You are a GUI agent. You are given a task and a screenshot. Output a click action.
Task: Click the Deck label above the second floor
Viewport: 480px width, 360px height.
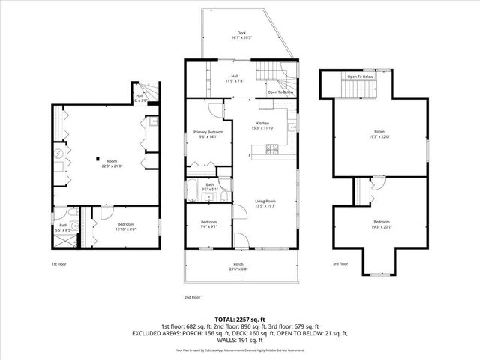point(241,33)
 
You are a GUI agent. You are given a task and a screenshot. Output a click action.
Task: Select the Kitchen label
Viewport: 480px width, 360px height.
point(262,123)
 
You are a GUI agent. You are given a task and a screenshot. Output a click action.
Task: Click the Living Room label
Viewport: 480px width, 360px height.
point(265,201)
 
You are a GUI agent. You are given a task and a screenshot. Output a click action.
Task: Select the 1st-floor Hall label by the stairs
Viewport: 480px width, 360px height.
point(139,96)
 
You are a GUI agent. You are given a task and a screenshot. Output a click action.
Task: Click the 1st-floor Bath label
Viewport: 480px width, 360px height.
point(64,225)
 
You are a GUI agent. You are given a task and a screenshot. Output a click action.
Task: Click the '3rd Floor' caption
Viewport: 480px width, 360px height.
point(340,263)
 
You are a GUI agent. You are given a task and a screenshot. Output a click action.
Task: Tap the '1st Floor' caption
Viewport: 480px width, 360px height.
point(60,264)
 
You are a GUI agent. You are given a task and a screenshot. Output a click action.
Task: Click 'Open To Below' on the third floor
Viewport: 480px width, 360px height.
point(360,76)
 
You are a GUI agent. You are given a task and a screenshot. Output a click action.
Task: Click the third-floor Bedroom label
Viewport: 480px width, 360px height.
point(382,222)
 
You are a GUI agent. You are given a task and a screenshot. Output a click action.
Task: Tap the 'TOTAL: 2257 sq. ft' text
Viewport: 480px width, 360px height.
point(241,319)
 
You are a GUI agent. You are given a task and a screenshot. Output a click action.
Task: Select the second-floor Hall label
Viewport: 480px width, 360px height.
point(235,76)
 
